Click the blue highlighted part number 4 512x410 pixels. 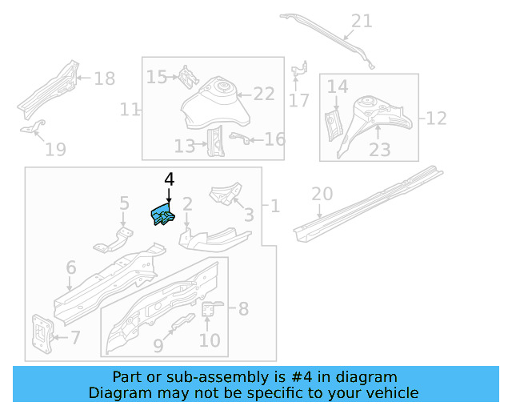(x=162, y=215)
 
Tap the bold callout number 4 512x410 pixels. (x=169, y=180)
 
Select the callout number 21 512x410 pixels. (x=362, y=21)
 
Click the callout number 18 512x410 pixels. (x=104, y=78)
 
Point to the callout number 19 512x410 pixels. (x=54, y=149)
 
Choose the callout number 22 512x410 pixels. (x=264, y=94)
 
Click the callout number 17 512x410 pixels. (x=298, y=101)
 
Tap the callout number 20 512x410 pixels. (x=321, y=194)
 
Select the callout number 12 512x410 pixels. (x=435, y=119)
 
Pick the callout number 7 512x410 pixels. (x=74, y=338)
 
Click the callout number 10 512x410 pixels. (x=209, y=340)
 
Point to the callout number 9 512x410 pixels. (x=158, y=345)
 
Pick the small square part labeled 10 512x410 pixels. (x=210, y=310)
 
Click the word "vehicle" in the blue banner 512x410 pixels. (x=394, y=392)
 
